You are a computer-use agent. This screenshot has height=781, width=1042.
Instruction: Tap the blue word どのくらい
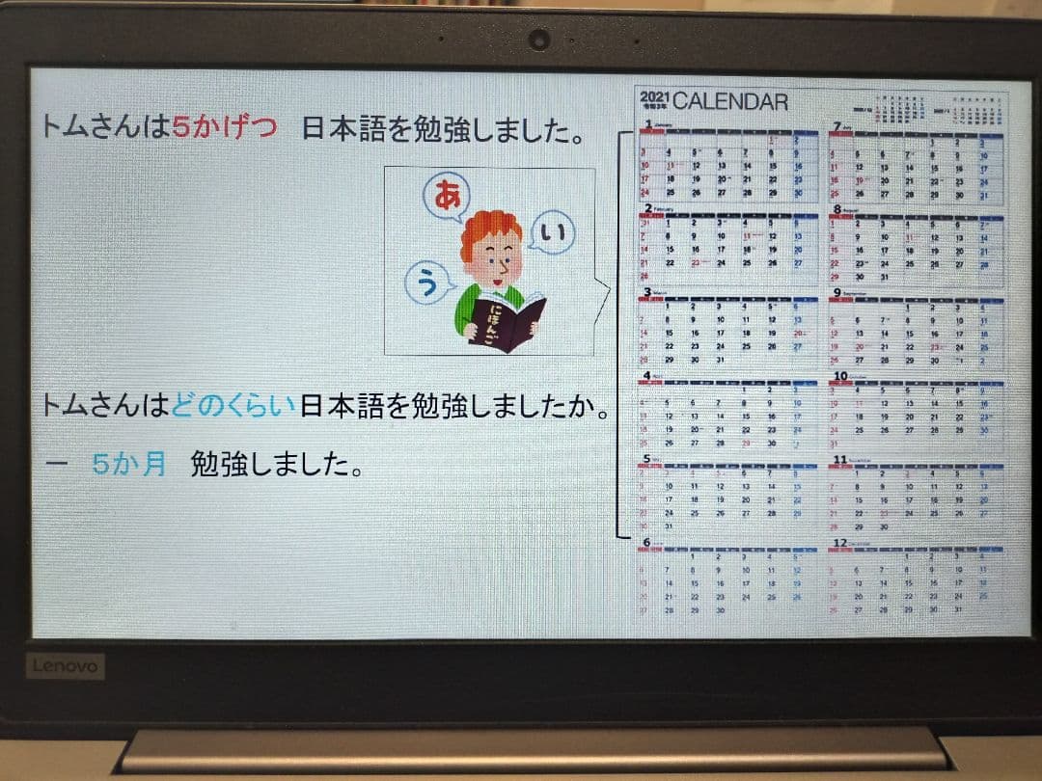235,409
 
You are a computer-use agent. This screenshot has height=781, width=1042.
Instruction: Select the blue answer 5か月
129,466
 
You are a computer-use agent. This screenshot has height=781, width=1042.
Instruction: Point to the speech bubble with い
553,233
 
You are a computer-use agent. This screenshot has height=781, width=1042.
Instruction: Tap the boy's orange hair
489,229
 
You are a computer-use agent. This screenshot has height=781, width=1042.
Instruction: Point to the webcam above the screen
538,40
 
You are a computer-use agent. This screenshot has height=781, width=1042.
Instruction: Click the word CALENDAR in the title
730,101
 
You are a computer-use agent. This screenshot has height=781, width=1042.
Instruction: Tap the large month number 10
839,376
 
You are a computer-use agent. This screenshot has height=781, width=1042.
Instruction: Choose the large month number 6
646,544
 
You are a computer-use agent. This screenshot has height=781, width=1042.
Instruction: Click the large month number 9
836,291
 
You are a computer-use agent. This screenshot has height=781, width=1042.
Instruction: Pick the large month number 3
646,291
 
